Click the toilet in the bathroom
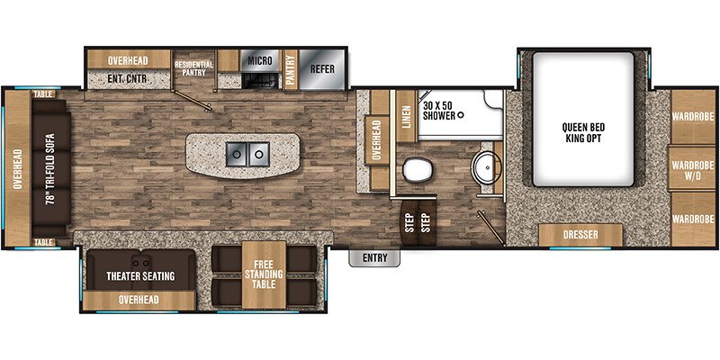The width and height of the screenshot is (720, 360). coord(416,169)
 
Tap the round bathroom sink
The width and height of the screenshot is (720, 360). coord(485,167)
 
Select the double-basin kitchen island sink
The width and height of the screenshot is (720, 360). coord(246,156)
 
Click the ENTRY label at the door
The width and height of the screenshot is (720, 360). coord(374,258)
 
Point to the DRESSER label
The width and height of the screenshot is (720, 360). coord(580,235)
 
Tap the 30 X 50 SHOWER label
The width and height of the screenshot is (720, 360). coord(438,106)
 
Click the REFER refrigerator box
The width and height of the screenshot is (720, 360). coord(322,68)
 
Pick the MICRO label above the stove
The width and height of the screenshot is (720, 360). coord(260,62)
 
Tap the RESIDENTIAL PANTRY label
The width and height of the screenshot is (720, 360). coord(193,68)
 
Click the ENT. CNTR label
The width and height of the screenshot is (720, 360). coord(126,79)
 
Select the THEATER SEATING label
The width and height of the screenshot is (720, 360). coord(139,275)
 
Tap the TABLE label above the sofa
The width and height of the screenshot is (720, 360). coord(42,94)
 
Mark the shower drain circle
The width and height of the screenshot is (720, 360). coord(459,115)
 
